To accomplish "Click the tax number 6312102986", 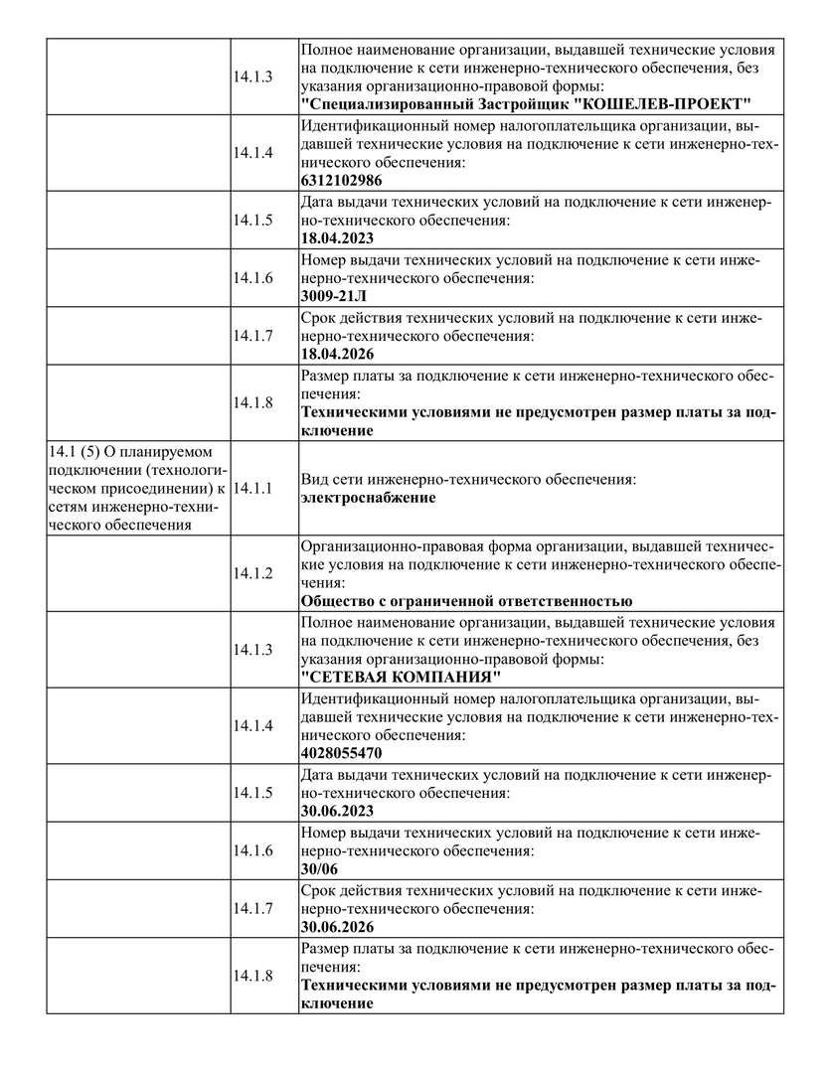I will click(x=341, y=181).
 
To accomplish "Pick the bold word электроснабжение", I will click(x=368, y=498).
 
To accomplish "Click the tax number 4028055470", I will click(x=341, y=753).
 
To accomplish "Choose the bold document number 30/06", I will click(x=320, y=868).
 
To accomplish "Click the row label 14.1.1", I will click(x=253, y=489).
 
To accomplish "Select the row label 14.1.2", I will click(x=253, y=573).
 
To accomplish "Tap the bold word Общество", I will click(x=339, y=601).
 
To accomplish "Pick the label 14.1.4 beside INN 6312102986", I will click(x=253, y=153).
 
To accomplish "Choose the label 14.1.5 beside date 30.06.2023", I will click(x=253, y=792).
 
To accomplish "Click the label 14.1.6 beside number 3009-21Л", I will click(x=253, y=277).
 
